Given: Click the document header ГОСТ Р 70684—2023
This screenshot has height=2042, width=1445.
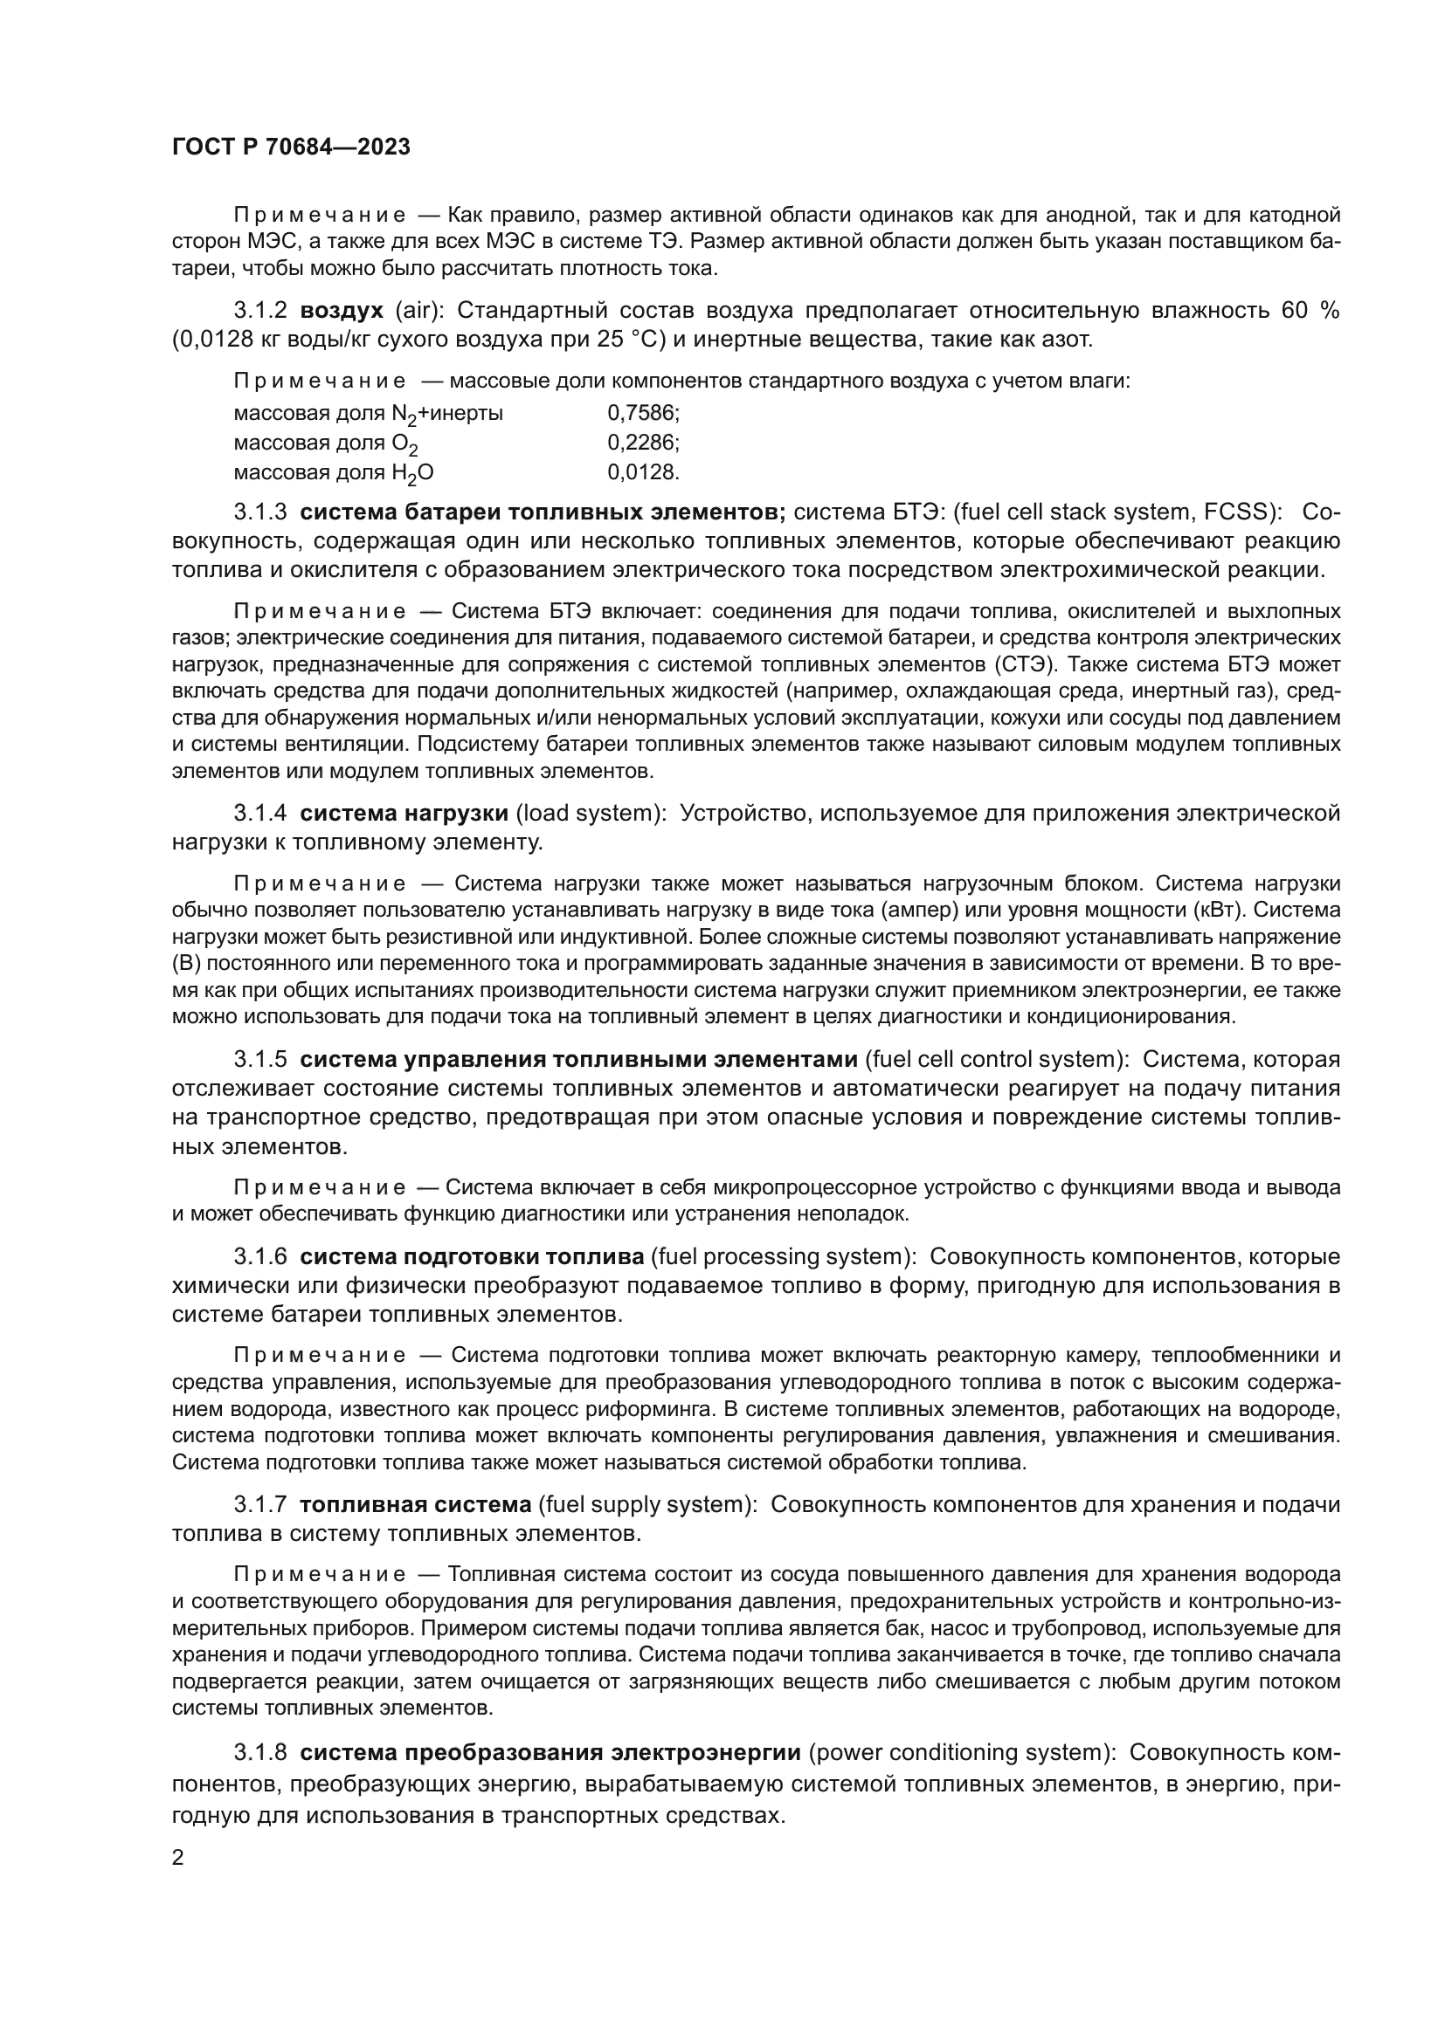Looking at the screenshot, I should coord(291,148).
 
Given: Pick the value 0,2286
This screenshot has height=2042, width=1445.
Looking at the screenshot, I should coord(643,442).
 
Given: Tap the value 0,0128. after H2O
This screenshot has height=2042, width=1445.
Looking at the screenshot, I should coord(643,471).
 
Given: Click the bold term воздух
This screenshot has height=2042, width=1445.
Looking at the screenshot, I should coord(342,311).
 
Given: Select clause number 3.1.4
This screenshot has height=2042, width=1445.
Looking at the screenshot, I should coord(259,813).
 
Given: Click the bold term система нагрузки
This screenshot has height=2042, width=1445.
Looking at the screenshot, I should coord(404,813).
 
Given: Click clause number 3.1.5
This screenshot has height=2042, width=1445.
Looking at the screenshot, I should coord(259,1059).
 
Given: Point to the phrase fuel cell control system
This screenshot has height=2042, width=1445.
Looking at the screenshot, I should coord(994,1059).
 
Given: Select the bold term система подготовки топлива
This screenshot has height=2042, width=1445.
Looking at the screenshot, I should coord(472,1256).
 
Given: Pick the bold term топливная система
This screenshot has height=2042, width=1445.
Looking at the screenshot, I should coord(416,1504).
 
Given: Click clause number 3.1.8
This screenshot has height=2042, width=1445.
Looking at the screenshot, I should coord(259,1752).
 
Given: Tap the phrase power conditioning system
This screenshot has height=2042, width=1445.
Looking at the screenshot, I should coord(958,1752).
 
